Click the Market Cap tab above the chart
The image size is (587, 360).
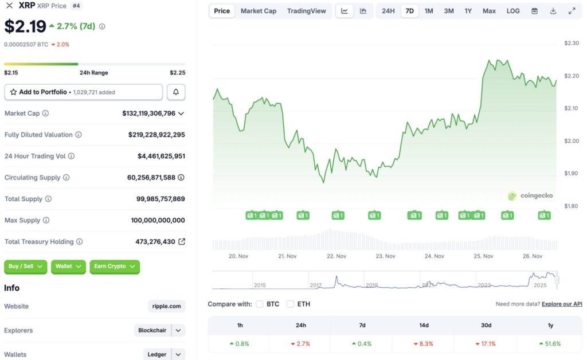(x=258, y=11)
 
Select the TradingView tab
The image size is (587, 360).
(x=306, y=11)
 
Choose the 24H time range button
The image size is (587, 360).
(x=388, y=11)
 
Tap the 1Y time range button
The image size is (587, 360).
(x=468, y=11)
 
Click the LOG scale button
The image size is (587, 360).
(x=513, y=11)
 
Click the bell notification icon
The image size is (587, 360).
(x=176, y=92)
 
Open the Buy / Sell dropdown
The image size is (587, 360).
(x=26, y=266)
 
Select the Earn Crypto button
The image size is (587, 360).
(x=115, y=266)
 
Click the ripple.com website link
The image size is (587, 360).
(x=167, y=306)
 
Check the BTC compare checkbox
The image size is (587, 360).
(x=260, y=304)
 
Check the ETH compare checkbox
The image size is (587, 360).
(x=291, y=304)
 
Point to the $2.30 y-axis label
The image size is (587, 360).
(x=572, y=43)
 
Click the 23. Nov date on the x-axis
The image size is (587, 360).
(x=385, y=256)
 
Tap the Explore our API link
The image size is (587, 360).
(x=562, y=304)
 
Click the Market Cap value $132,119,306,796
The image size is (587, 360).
(x=148, y=114)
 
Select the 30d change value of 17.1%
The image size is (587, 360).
(x=486, y=344)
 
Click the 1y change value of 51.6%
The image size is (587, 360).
(x=550, y=344)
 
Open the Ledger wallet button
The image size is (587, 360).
(x=156, y=354)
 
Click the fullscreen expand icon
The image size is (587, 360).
(x=572, y=11)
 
